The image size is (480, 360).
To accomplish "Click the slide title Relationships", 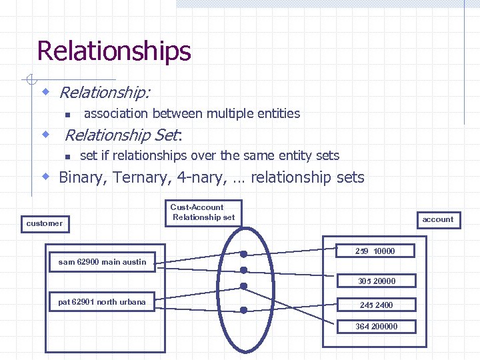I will [x=113, y=51].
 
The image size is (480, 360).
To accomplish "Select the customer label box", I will [x=44, y=223].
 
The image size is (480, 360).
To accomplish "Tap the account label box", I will [x=438, y=219].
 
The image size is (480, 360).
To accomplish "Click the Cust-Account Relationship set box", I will [x=203, y=212].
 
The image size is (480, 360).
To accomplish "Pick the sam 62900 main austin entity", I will [x=102, y=262].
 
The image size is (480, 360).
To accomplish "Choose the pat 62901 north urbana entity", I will [x=102, y=302].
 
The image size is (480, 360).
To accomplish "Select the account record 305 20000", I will [x=377, y=281].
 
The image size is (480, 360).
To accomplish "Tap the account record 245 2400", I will [x=377, y=305].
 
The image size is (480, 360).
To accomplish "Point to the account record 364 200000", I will [x=377, y=327].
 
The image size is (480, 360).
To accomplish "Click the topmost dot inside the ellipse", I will [x=244, y=254].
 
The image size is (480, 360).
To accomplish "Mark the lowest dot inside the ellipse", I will [x=244, y=310].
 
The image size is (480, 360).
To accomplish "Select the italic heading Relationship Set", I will [x=122, y=135].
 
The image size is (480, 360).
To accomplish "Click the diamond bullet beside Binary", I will [x=46, y=177].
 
